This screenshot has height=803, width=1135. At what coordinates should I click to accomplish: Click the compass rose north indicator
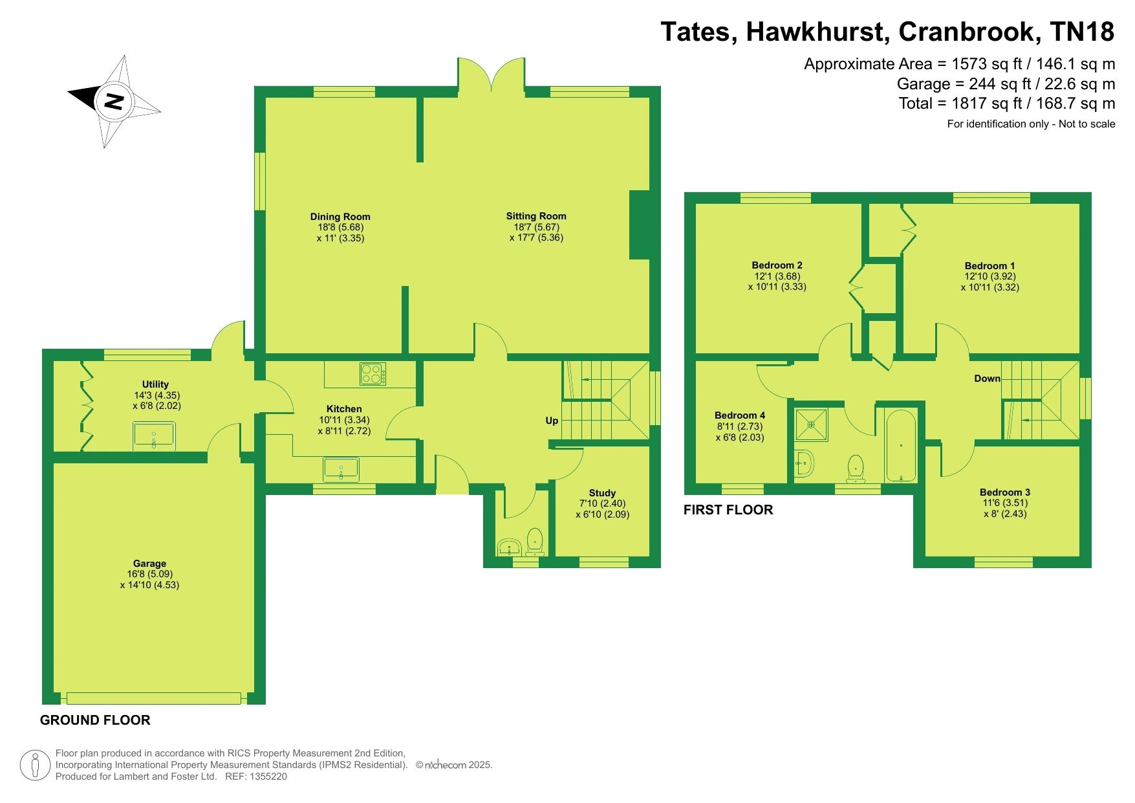114,101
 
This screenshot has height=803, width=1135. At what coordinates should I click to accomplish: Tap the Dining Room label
340,217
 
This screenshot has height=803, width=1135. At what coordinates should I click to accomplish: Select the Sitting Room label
536,216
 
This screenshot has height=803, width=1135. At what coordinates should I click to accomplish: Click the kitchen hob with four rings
373,373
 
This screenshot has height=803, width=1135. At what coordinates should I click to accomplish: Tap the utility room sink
154,434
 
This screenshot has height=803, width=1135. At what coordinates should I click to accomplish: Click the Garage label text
150,564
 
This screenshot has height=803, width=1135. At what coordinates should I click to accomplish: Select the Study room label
602,493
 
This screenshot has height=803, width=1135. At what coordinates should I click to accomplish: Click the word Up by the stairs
552,421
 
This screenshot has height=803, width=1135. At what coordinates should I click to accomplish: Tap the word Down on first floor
988,379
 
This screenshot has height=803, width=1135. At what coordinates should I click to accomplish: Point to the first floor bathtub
901,445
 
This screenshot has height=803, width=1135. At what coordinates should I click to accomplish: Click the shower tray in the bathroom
810,424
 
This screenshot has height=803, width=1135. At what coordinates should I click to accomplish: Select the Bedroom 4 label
740,415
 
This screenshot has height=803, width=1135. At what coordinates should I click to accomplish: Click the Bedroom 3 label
1004,492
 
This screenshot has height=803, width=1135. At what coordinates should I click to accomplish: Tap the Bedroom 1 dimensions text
989,281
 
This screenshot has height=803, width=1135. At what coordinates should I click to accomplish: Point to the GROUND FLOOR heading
95,720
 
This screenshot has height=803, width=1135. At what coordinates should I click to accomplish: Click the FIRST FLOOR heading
728,510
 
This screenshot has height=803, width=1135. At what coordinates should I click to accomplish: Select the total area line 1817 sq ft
1007,103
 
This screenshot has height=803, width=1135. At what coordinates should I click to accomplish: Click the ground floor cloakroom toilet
535,542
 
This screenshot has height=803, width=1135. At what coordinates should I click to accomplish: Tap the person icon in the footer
36,765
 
